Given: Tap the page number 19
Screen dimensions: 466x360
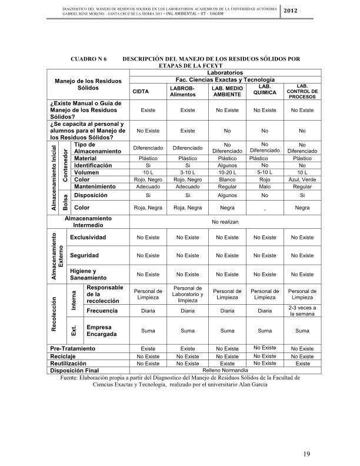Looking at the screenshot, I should click(306, 453).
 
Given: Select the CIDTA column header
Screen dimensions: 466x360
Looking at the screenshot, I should click(141, 92).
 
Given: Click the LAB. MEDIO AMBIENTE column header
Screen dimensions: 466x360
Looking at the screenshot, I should click(226, 91).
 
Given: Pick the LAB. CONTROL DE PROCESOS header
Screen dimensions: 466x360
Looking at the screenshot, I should click(302, 91).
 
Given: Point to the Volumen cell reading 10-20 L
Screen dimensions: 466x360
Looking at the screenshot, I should click(226, 173).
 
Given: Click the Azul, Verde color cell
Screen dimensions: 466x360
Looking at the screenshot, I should click(302, 179).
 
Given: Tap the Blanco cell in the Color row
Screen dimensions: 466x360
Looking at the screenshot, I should click(226, 179).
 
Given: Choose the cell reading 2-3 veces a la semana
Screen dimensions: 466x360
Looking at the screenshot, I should click(302, 311).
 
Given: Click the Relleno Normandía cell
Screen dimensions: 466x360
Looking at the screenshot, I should click(226, 371).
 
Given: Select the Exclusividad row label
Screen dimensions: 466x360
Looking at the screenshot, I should click(88, 238).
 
